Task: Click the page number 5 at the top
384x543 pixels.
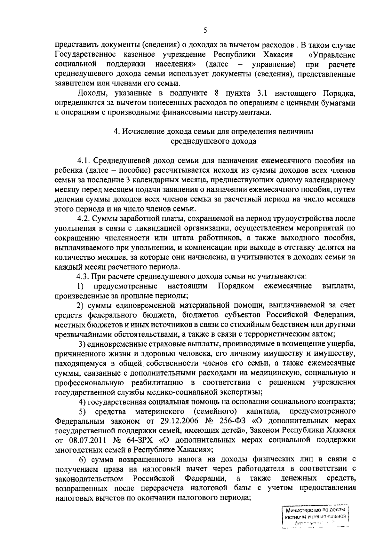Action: tap(205, 31)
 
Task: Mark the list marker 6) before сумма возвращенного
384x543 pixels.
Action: tap(83, 459)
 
